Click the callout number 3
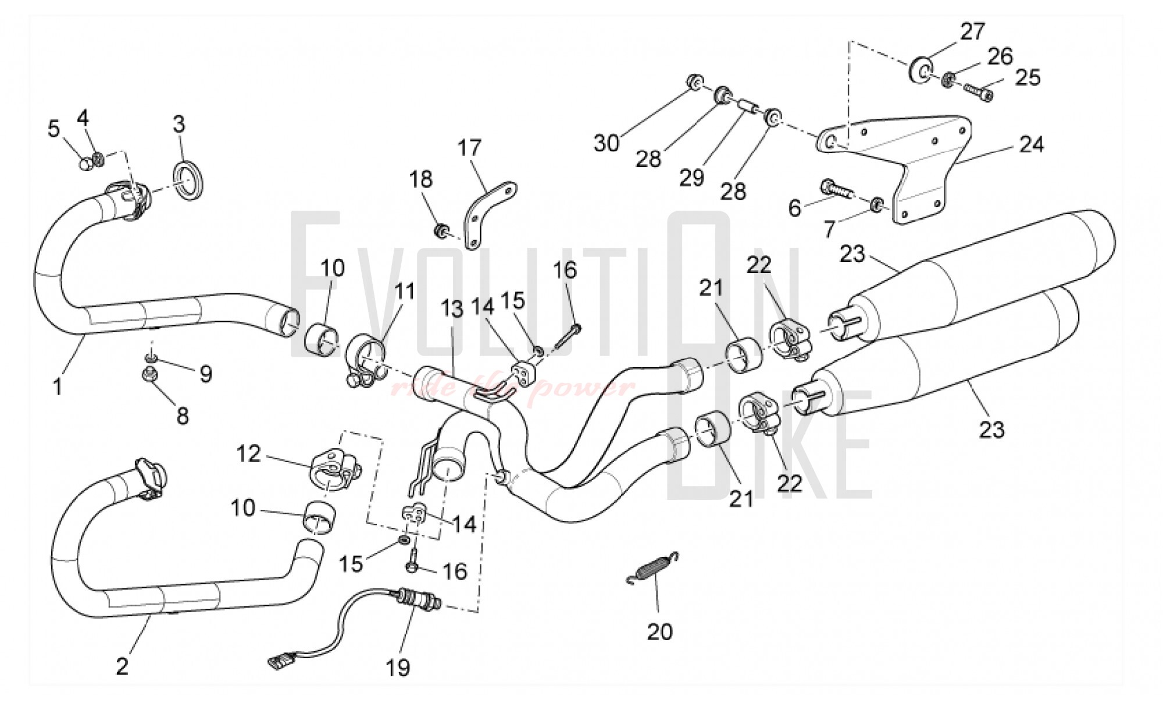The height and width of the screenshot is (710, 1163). click(179, 124)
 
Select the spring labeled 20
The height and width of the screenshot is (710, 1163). click(653, 567)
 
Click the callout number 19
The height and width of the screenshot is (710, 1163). click(398, 668)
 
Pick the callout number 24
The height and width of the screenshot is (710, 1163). click(1032, 144)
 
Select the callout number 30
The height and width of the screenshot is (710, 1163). click(606, 143)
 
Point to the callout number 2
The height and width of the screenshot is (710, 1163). click(122, 667)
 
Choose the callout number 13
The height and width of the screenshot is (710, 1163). click(452, 308)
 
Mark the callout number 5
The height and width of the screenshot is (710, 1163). click(53, 129)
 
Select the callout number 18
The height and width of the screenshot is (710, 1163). click(421, 179)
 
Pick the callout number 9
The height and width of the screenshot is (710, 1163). click(205, 374)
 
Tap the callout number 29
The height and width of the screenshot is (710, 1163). click(691, 177)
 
